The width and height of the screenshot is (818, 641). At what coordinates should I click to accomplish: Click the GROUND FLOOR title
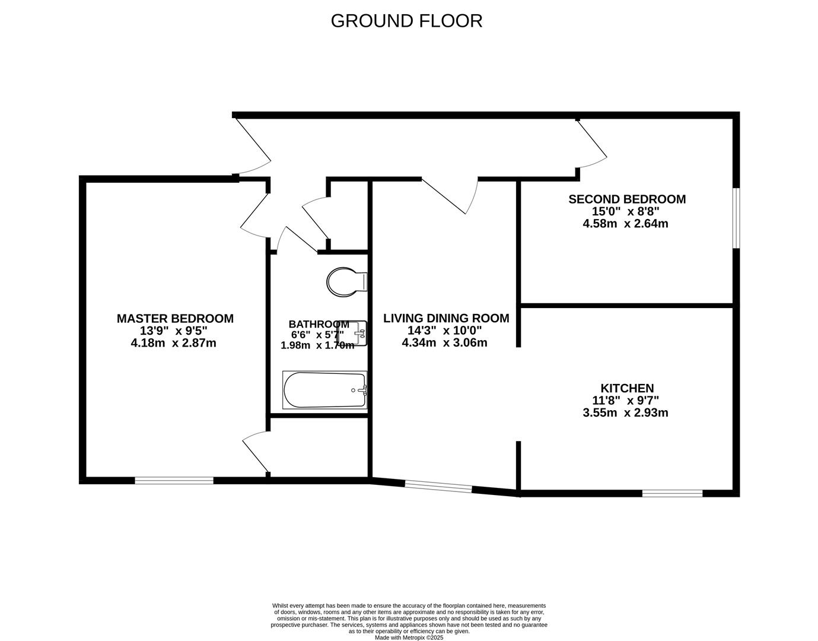click(406, 21)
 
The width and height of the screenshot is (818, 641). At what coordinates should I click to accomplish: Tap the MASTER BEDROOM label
click(175, 319)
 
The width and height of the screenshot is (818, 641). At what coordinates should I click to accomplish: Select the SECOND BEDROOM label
click(627, 199)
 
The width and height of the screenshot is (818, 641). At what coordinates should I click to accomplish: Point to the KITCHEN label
click(627, 388)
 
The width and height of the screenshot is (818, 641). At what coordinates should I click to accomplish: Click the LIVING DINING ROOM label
click(446, 318)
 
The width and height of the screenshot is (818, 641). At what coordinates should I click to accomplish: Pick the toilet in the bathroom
click(346, 282)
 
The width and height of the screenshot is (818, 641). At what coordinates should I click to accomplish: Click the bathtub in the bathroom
click(324, 390)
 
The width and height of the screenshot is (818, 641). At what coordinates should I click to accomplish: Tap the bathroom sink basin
click(352, 334)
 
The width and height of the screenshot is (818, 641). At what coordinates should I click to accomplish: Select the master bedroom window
click(174, 481)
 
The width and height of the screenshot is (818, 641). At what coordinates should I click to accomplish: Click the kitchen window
click(672, 493)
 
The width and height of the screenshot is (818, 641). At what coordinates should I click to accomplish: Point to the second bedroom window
click(736, 218)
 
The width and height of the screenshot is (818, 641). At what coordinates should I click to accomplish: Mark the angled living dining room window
click(438, 486)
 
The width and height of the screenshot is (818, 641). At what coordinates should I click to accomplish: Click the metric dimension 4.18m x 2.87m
click(174, 343)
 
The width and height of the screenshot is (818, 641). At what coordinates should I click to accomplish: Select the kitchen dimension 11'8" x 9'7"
click(626, 401)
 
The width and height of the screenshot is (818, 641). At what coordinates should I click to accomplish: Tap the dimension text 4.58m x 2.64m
click(625, 224)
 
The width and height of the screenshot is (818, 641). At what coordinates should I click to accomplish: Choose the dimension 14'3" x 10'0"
click(444, 331)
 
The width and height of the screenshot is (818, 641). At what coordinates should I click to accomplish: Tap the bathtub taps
click(363, 390)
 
